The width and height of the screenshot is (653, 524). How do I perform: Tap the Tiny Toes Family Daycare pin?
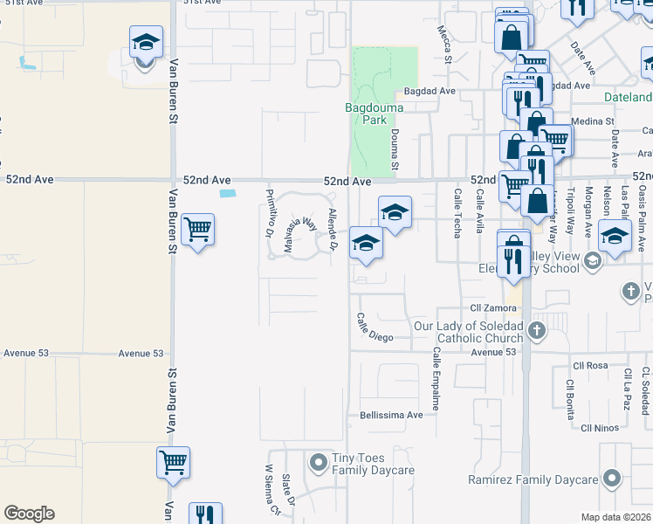point(319,459)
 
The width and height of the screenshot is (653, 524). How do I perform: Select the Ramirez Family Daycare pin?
point(612,478)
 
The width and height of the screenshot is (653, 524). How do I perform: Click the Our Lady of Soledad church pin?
point(536,331)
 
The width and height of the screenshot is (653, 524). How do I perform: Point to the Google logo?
point(29,514)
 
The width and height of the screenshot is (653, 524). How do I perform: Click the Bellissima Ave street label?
point(390,415)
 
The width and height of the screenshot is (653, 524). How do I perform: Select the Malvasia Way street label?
point(299,235)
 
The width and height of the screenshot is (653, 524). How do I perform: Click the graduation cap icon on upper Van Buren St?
point(146,42)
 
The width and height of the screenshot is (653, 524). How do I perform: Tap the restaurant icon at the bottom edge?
point(204,515)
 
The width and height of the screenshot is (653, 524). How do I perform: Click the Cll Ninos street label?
point(600,428)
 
